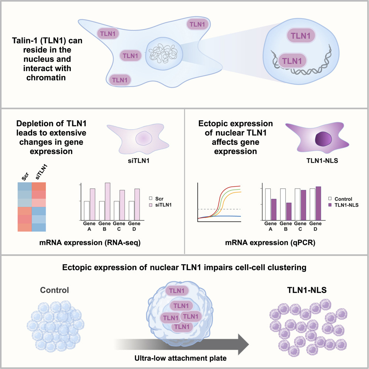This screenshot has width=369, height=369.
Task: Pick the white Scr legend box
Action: pos(150,198)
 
